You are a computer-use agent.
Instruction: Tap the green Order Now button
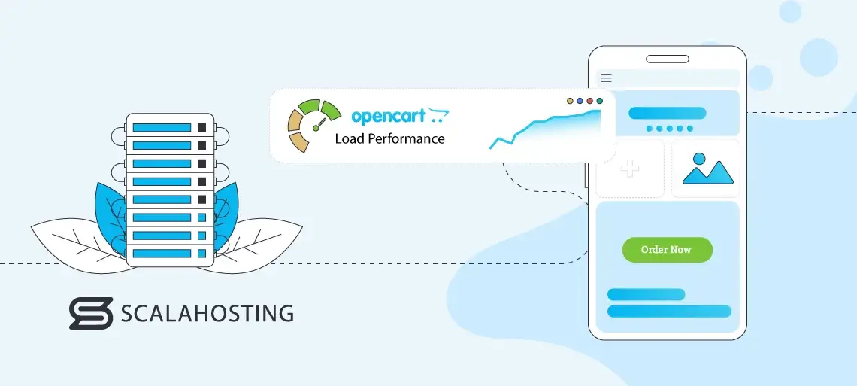pyautogui.click(x=667, y=249)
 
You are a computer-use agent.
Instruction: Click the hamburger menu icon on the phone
pyautogui.click(x=606, y=78)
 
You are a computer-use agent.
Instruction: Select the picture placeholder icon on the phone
pyautogui.click(x=707, y=169)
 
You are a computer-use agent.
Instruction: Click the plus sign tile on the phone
pyautogui.click(x=629, y=169)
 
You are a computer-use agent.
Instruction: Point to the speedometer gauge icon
pyautogui.click(x=309, y=126)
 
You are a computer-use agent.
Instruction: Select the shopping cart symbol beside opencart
pyautogui.click(x=438, y=116)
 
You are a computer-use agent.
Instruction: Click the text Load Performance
pyautogui.click(x=389, y=138)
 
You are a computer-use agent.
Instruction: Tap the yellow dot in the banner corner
pyautogui.click(x=570, y=100)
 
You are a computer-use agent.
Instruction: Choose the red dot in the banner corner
pyautogui.click(x=589, y=100)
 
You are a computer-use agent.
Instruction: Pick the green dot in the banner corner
pyautogui.click(x=599, y=100)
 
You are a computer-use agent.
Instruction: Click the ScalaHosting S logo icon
pyautogui.click(x=90, y=313)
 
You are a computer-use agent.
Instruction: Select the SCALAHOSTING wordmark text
pyautogui.click(x=207, y=313)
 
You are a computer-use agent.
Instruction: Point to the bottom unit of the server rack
pyautogui.click(x=169, y=254)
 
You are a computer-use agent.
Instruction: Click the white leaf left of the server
pyautogui.click(x=71, y=241)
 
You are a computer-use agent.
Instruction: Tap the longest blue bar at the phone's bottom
pyautogui.click(x=668, y=311)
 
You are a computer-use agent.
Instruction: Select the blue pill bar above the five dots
pyautogui.click(x=667, y=113)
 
